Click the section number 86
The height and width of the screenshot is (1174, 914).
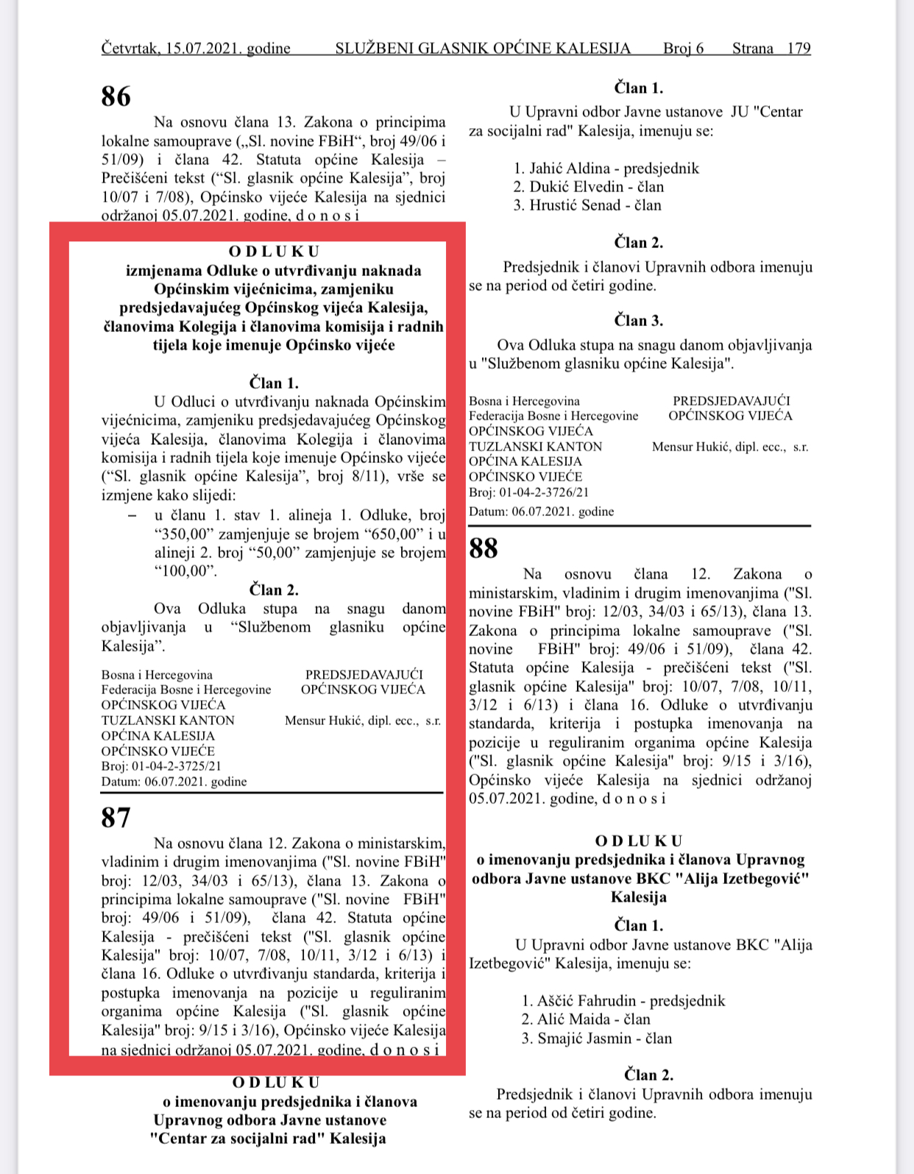pyautogui.click(x=116, y=96)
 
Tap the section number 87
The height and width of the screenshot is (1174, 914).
pyautogui.click(x=116, y=818)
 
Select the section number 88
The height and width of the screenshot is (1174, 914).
pyautogui.click(x=483, y=548)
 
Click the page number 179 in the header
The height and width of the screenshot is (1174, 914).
pyautogui.click(x=798, y=49)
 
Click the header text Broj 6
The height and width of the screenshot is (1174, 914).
pyautogui.click(x=683, y=49)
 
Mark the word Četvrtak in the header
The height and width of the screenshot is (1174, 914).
pyautogui.click(x=130, y=49)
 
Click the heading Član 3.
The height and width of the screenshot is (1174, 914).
pyautogui.click(x=639, y=321)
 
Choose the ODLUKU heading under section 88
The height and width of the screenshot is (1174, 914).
pyautogui.click(x=639, y=841)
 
